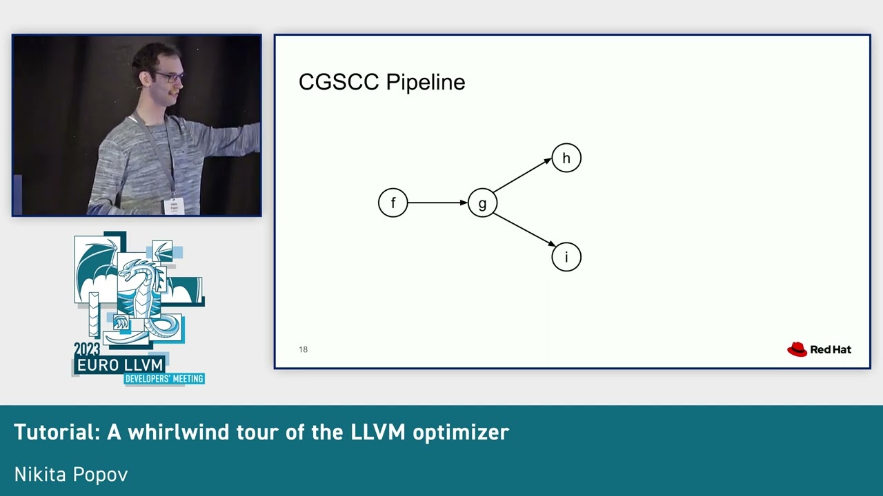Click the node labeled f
pos(393,203)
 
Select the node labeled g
pos(482,203)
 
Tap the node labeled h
pos(566,158)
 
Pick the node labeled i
pos(566,257)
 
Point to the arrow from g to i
pos(524,229)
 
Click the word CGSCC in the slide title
pos(339,82)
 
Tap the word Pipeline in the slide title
pos(425,83)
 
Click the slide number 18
pos(303,349)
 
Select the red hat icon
pos(797,349)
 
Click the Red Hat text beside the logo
pos(831,349)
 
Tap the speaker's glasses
pos(170,76)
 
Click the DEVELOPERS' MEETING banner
pos(163,379)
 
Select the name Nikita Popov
pos(71,474)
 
